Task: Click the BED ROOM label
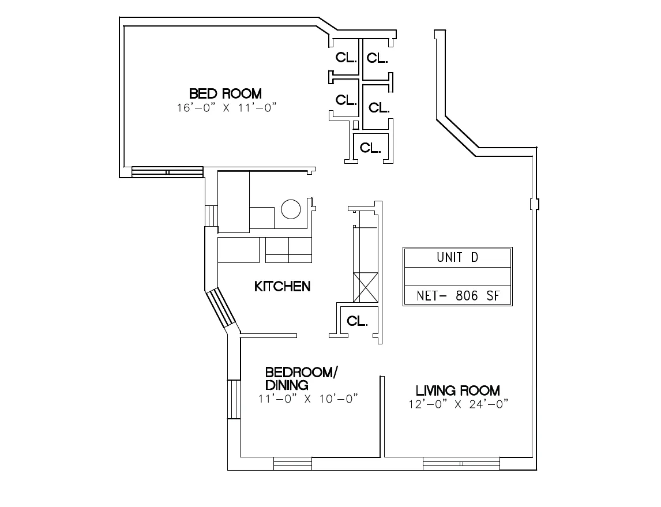[x=225, y=93]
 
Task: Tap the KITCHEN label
[x=282, y=286]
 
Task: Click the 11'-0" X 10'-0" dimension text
[x=309, y=398]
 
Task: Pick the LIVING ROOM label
[x=458, y=390]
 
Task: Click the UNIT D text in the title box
[x=457, y=258]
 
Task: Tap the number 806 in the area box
[x=467, y=296]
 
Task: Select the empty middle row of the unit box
[x=457, y=276]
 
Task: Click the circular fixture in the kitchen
[x=291, y=209]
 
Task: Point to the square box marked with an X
[x=366, y=287]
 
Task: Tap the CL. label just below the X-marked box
[x=358, y=321]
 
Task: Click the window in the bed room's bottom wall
[x=167, y=172]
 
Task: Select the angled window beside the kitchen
[x=221, y=308]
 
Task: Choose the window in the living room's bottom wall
[x=461, y=463]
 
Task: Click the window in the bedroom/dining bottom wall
[x=292, y=463]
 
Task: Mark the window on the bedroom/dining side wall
[x=234, y=399]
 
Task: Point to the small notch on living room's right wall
[x=535, y=204]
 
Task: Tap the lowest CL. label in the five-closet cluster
[x=370, y=148]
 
